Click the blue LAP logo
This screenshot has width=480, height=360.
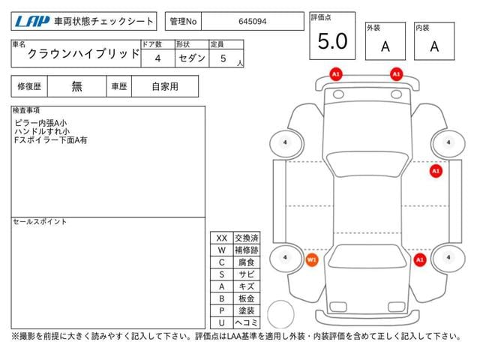click(32, 22)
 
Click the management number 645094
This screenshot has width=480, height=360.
click(252, 22)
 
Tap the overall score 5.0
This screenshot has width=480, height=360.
click(332, 41)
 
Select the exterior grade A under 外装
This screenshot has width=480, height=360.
click(385, 46)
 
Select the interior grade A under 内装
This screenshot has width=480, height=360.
click(434, 46)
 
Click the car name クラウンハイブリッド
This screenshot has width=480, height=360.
click(83, 54)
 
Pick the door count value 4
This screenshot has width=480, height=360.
click(157, 58)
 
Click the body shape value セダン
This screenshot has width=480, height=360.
click(192, 58)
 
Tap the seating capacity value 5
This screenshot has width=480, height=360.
click(223, 58)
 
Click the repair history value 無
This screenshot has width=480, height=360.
click(76, 86)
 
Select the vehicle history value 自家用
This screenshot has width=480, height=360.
click(165, 87)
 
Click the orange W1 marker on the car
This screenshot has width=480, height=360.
click(312, 260)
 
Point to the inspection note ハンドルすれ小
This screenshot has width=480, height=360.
click(42, 132)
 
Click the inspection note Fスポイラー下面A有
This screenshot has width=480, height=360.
click(51, 140)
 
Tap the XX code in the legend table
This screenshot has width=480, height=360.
click(222, 238)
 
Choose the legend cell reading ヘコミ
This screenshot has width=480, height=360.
click(247, 322)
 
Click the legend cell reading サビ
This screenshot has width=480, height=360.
click(247, 274)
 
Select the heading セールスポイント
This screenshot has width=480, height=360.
click(40, 222)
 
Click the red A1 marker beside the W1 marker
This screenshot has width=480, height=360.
click(420, 260)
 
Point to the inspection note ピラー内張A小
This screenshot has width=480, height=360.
click(40, 123)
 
